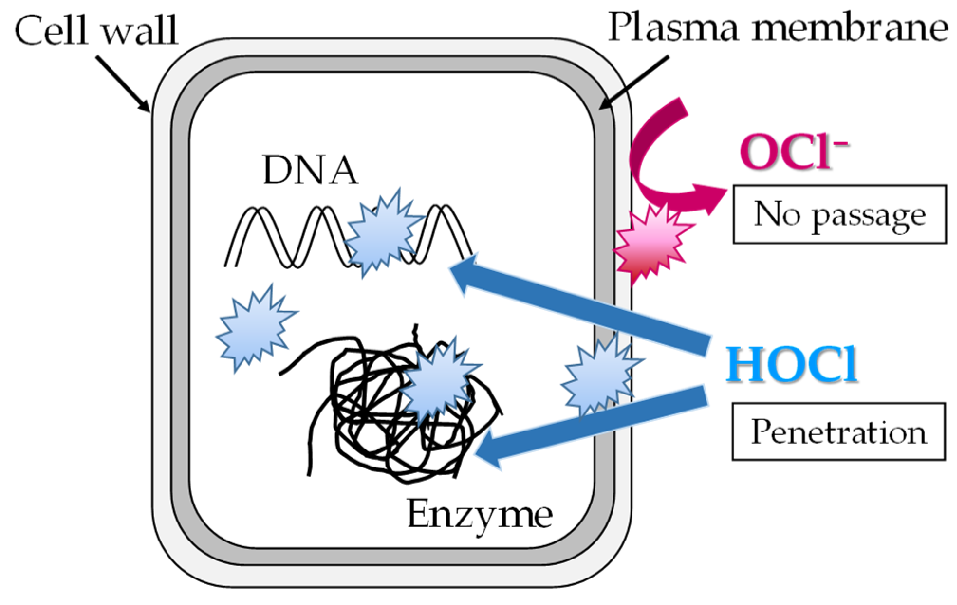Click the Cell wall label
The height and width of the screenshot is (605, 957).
[x=96, y=31]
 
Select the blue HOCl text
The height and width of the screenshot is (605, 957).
[x=791, y=364]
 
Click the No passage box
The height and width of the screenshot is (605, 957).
[x=839, y=214]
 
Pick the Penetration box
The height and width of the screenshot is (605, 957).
[x=838, y=431]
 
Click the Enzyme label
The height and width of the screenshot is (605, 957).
[x=479, y=515]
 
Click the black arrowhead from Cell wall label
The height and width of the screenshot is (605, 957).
[x=145, y=105]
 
